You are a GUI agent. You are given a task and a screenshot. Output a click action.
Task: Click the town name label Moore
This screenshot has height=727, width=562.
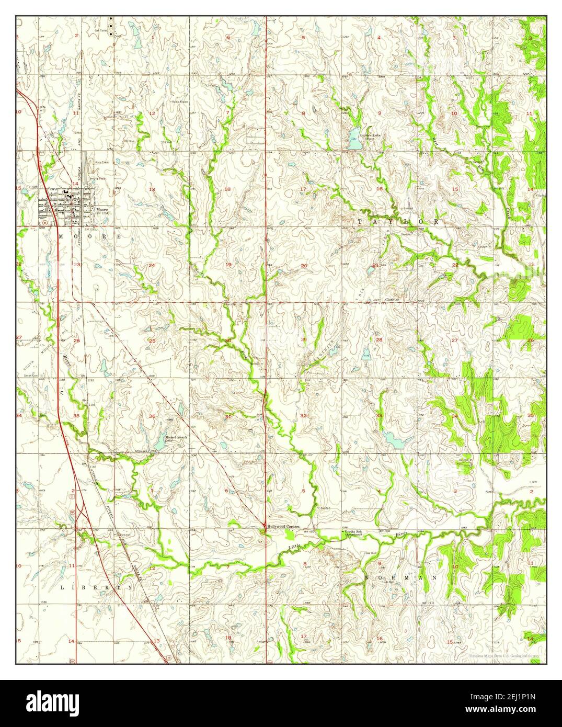pos(102,210)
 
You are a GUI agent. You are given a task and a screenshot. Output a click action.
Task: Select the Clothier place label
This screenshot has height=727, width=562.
pos(392,300)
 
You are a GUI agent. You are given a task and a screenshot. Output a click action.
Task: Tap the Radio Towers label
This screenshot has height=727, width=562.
pos(180,101)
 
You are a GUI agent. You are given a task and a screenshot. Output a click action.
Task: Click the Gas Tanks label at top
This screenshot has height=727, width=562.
pos(100,30)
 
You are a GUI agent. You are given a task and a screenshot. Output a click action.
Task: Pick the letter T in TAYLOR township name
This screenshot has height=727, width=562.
pos(360,222)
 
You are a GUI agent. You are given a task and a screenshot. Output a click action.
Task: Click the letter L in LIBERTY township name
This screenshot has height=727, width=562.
pos(62,588)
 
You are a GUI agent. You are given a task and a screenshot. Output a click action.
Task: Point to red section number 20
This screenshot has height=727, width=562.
pos(304,266)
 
